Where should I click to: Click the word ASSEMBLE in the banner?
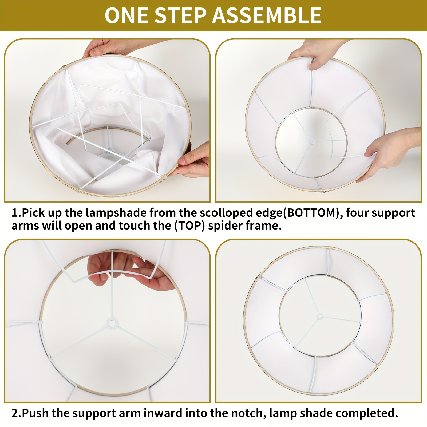pos(267,15)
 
